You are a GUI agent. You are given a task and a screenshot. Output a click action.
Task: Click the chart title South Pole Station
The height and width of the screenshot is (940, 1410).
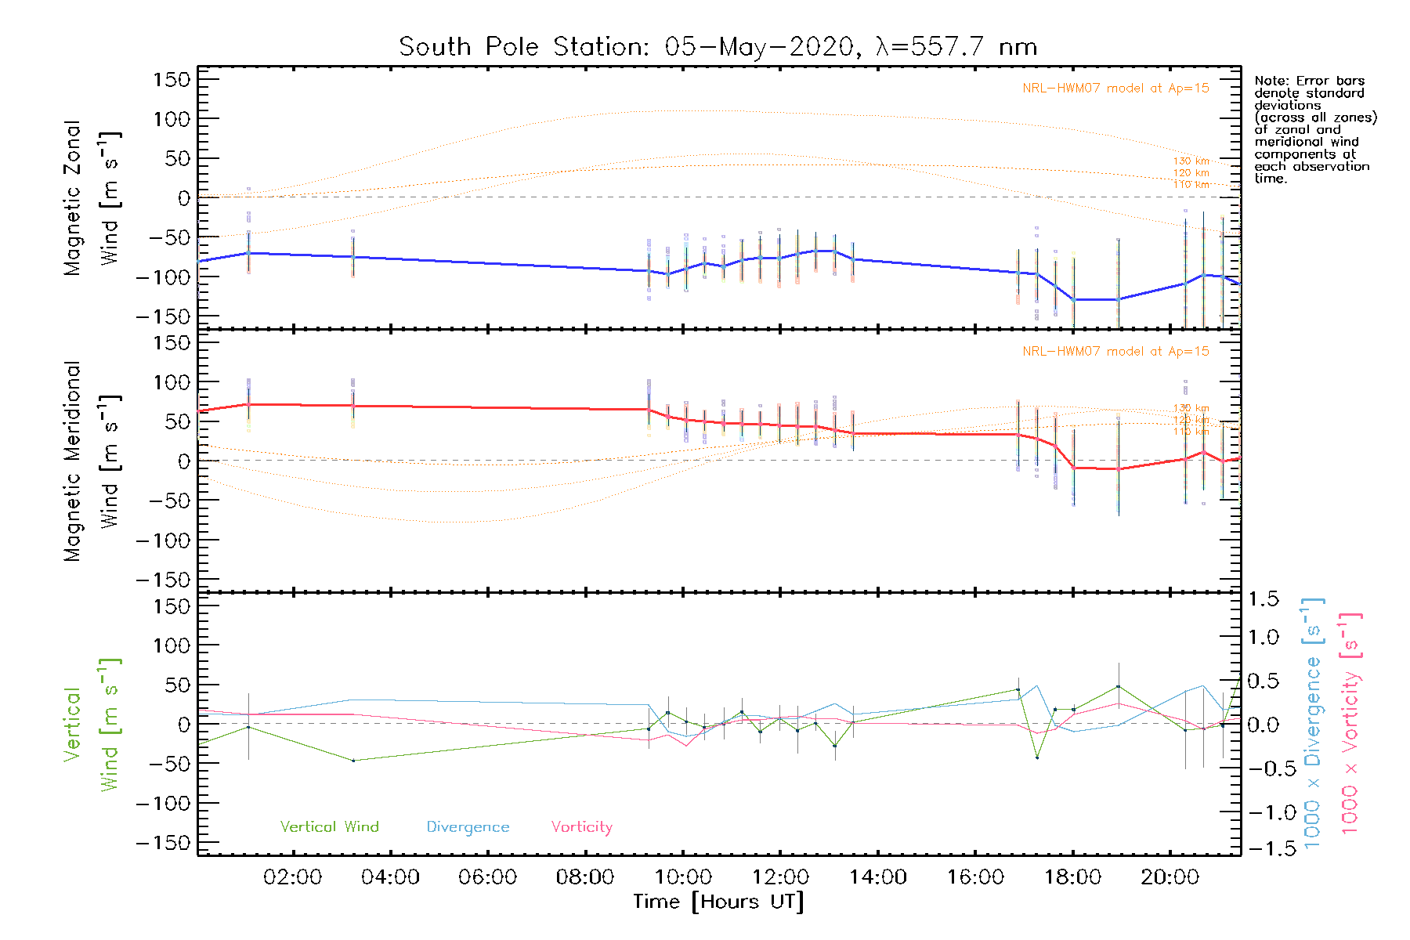click(x=718, y=47)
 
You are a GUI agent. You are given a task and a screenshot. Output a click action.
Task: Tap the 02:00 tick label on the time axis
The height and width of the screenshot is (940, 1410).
click(x=292, y=877)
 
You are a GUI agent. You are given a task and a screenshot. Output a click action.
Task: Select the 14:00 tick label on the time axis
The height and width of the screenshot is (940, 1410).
click(x=877, y=877)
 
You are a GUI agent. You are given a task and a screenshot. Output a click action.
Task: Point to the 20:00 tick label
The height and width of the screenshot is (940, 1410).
click(x=1170, y=877)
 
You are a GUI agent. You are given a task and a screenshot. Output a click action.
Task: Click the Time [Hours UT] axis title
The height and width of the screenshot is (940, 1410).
click(x=718, y=902)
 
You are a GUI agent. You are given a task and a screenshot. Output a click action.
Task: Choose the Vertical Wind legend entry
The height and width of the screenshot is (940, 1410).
click(x=329, y=827)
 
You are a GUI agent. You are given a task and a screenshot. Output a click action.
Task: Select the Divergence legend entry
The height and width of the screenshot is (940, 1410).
click(x=468, y=827)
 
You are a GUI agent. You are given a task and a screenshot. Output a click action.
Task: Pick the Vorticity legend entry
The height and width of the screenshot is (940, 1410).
click(x=581, y=827)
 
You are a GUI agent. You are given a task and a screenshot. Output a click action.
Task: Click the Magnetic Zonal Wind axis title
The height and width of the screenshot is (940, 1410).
click(x=92, y=198)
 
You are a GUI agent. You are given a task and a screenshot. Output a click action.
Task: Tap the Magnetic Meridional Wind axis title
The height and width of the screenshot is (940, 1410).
click(x=92, y=461)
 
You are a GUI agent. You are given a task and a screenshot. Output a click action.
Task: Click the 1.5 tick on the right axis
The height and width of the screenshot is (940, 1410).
click(x=1263, y=599)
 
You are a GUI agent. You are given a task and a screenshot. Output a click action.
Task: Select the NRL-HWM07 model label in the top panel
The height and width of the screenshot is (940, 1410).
click(x=1115, y=89)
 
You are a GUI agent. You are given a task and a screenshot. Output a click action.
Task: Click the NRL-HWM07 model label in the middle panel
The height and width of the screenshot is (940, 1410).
click(x=1115, y=352)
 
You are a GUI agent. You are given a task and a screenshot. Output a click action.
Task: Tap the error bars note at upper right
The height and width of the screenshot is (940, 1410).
click(x=1314, y=129)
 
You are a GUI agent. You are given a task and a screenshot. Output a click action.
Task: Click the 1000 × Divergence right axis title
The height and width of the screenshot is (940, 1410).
click(x=1313, y=723)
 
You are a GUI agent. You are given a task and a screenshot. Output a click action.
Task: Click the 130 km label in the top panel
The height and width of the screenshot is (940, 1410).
click(x=1191, y=161)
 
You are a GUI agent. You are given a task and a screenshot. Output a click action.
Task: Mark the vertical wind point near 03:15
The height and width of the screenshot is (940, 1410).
click(x=353, y=761)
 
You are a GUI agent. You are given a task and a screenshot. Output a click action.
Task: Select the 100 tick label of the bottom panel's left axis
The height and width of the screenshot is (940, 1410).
click(x=172, y=645)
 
